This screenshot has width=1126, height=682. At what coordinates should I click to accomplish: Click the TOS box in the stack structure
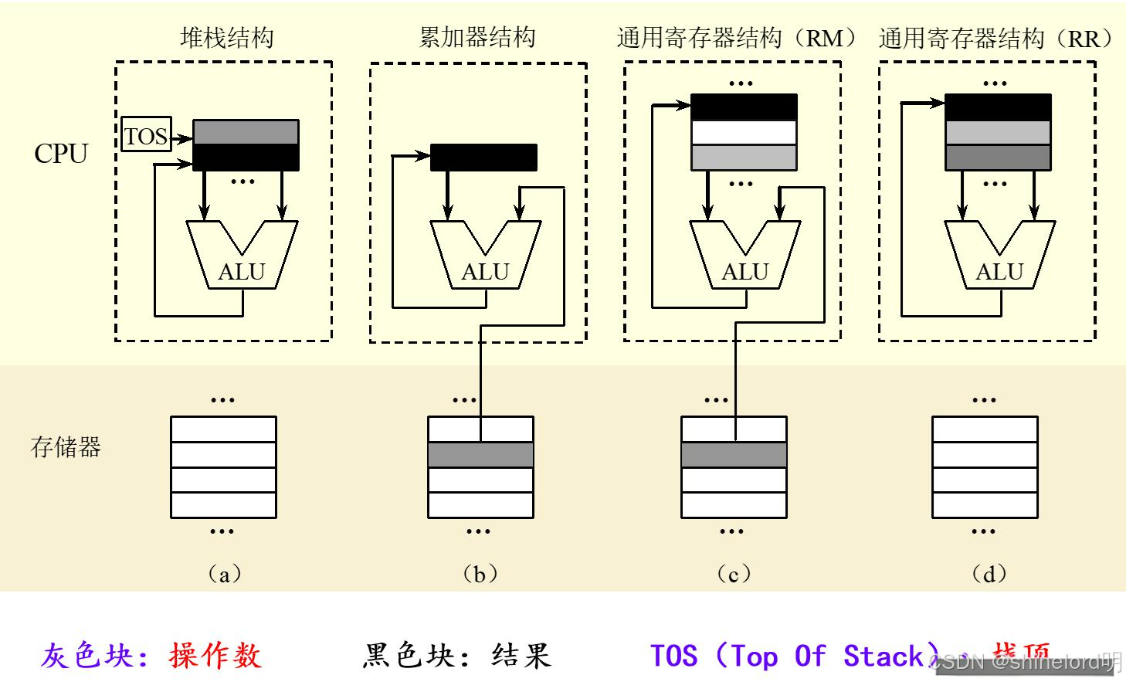(146, 136)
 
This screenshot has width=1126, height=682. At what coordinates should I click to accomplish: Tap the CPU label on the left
(61, 154)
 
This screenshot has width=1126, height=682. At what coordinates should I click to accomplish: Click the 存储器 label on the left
(66, 447)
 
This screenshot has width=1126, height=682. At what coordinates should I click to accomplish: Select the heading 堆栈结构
(226, 37)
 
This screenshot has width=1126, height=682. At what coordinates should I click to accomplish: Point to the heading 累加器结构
(477, 37)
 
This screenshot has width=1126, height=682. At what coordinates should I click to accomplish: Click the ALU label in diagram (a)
(242, 272)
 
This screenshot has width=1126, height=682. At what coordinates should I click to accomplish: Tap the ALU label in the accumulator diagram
(485, 272)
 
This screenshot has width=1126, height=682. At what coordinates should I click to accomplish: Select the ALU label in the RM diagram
(744, 272)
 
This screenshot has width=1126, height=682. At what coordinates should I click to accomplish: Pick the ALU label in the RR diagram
(999, 272)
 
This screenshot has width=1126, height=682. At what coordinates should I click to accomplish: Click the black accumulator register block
(483, 158)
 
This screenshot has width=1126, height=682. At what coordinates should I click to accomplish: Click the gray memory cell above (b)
(480, 454)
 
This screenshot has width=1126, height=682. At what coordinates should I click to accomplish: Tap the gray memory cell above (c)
(734, 454)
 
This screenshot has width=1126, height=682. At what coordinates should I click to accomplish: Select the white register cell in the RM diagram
(744, 133)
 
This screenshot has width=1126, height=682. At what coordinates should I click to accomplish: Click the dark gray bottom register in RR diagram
(998, 158)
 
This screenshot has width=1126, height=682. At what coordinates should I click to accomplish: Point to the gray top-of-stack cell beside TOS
(246, 132)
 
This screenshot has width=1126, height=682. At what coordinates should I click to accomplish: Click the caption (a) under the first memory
(224, 574)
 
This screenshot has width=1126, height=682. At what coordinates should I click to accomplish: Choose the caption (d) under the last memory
(989, 574)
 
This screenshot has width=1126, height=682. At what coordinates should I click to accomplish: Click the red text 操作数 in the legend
(215, 656)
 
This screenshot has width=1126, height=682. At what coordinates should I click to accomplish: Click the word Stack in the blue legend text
(883, 656)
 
